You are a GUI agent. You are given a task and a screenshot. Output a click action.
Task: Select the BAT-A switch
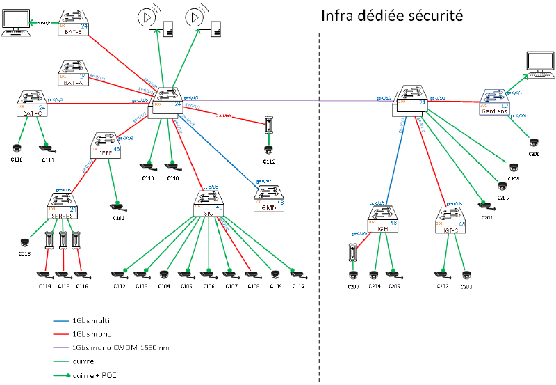(73, 72)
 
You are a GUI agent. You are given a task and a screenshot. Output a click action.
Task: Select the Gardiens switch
(495, 102)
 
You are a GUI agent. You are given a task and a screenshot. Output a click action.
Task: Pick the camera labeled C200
(533, 143)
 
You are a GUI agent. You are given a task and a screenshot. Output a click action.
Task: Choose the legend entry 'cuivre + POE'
(94, 375)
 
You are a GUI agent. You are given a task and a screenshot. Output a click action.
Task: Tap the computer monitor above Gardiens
(540, 65)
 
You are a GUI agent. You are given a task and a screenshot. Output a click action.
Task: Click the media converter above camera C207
(352, 252)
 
